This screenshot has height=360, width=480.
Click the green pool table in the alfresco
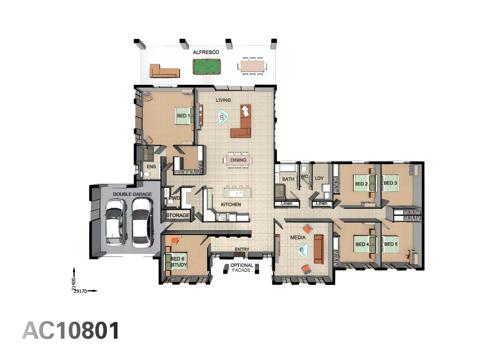point(207,67)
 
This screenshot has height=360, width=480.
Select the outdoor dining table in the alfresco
point(252,66)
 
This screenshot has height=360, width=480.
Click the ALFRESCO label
point(206,52)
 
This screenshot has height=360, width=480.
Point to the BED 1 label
point(183,116)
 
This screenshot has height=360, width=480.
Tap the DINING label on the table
point(238,160)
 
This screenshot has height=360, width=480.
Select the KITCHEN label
point(231,204)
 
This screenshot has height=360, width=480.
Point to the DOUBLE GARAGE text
point(132,194)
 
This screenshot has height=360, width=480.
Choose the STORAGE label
point(178,215)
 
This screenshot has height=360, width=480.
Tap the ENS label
point(151,166)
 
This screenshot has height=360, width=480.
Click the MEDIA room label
point(298,237)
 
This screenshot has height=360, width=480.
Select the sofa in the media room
point(319,249)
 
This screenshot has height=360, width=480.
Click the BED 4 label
point(362,244)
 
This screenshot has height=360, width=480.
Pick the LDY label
point(319,178)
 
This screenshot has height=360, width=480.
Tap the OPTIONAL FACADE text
point(242,268)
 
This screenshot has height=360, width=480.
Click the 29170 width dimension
point(80,291)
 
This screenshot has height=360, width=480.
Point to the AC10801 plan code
point(71,331)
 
